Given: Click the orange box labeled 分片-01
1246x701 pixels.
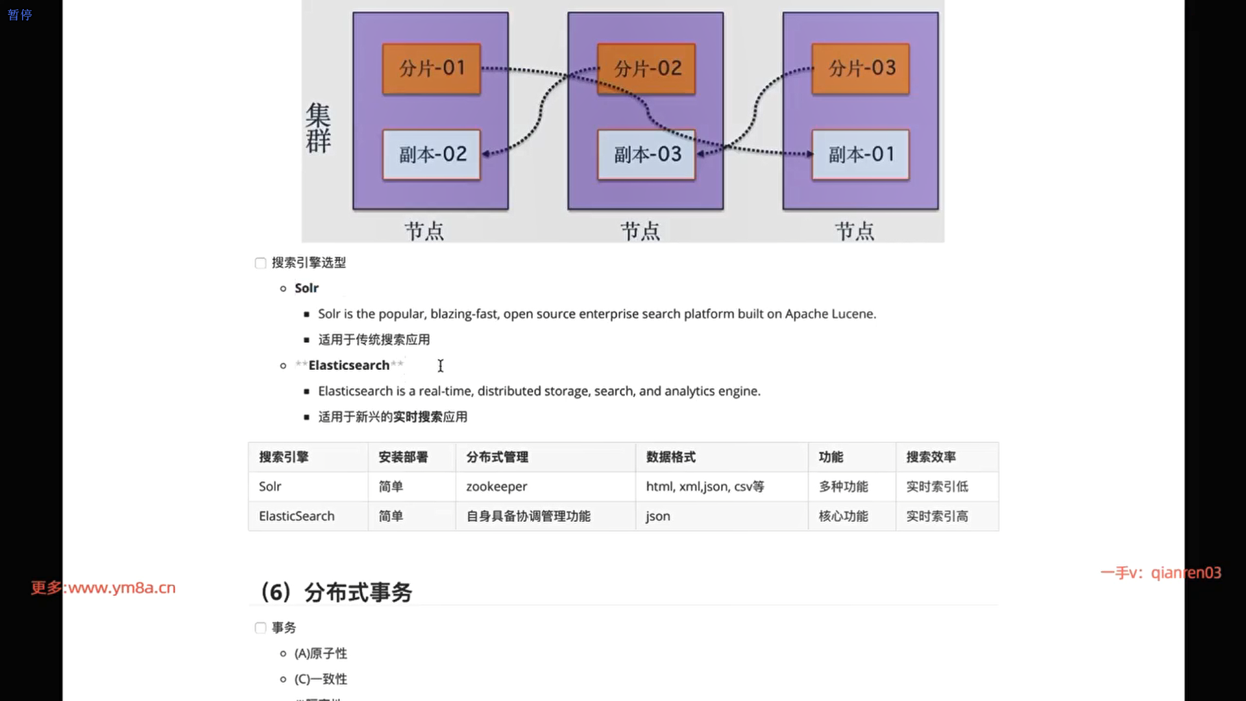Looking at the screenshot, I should point(432,69).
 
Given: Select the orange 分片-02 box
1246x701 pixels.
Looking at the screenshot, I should point(646,69).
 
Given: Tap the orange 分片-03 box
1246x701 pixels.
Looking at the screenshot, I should point(861,69).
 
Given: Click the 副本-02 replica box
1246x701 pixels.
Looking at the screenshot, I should point(432,154).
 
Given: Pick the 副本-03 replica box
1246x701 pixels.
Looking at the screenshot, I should point(646,154).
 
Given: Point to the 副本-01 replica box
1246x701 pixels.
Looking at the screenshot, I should point(861,154).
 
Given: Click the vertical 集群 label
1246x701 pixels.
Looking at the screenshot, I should point(318,128).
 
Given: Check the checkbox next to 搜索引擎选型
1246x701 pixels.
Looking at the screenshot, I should point(260,263).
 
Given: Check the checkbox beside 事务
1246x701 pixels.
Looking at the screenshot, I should point(260,628).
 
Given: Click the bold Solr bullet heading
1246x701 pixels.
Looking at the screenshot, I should point(306,288).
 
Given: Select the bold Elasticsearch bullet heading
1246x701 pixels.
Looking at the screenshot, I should point(348,365).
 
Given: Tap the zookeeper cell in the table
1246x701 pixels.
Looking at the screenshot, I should point(496,487).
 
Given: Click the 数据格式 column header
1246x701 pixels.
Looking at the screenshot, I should point(670,457).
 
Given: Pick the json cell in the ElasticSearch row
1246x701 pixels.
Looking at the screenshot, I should point(658,517).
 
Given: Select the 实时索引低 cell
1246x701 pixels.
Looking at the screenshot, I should point(937,487).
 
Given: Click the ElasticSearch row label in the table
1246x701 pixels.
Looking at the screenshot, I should point(297,517).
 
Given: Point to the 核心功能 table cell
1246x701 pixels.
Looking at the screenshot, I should point(843,517).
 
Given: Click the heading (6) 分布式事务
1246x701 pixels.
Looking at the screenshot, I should point(336,592).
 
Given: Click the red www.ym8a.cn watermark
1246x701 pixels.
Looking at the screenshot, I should point(121,588).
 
